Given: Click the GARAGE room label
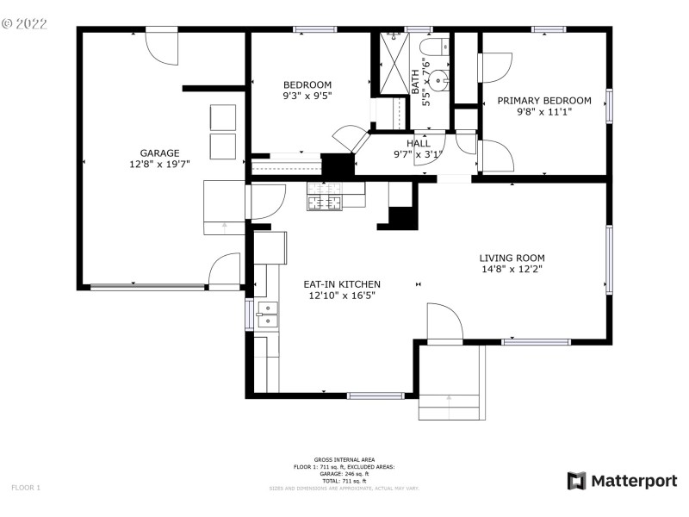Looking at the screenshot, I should point(159,153).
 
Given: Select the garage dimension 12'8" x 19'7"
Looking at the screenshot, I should point(159,164).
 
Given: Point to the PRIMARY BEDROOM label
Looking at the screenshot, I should point(544,101).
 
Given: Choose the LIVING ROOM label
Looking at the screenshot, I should point(512,258).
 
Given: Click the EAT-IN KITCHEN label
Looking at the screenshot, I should point(342,284).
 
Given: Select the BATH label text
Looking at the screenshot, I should point(415,82).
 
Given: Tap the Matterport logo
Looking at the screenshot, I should point(622,481).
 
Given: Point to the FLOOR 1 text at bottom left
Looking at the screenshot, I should point(26,488).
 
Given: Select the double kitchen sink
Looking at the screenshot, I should point(267,315).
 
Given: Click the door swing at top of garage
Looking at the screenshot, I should point(161,47).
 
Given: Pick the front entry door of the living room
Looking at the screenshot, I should point(444,323).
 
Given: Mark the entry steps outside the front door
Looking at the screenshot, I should point(450,405).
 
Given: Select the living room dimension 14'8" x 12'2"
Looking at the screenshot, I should point(512,269).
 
